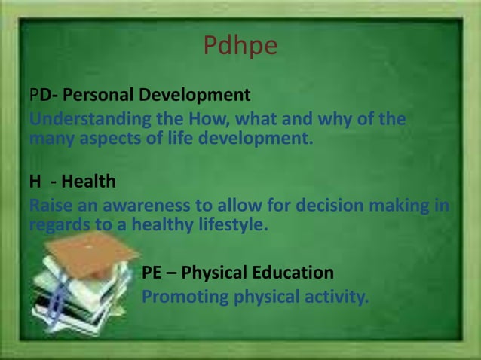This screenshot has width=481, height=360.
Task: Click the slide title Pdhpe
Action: [240, 47]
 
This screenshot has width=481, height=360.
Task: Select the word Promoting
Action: [185, 297]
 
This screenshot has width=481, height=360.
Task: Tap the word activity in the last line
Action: [335, 297]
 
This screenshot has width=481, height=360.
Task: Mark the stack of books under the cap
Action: [72, 297]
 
